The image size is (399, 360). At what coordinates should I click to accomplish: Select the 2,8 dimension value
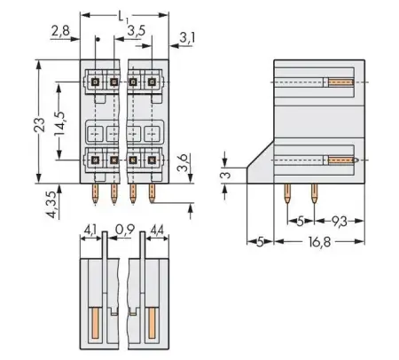click(59, 31)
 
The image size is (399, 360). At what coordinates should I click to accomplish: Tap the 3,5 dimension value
click(137, 31)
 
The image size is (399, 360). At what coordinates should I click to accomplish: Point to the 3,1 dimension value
click(188, 37)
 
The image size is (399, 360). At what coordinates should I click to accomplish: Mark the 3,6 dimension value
click(184, 164)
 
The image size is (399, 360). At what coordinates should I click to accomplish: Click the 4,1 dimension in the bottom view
click(89, 228)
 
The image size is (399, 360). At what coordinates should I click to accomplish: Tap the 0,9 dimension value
click(123, 228)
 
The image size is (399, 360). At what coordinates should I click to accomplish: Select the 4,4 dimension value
click(156, 228)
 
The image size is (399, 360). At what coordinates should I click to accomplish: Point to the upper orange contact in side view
click(340, 82)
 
